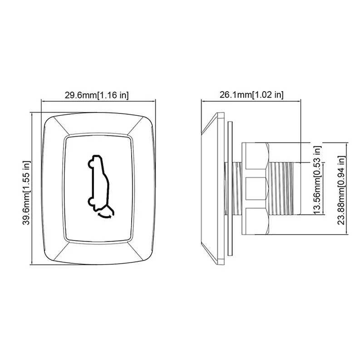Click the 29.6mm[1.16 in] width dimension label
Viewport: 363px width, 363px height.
[96, 95]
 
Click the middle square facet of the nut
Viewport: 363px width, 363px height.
[255, 188]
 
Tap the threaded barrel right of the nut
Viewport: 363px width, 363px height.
[285, 188]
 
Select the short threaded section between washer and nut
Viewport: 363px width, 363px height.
[237, 188]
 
